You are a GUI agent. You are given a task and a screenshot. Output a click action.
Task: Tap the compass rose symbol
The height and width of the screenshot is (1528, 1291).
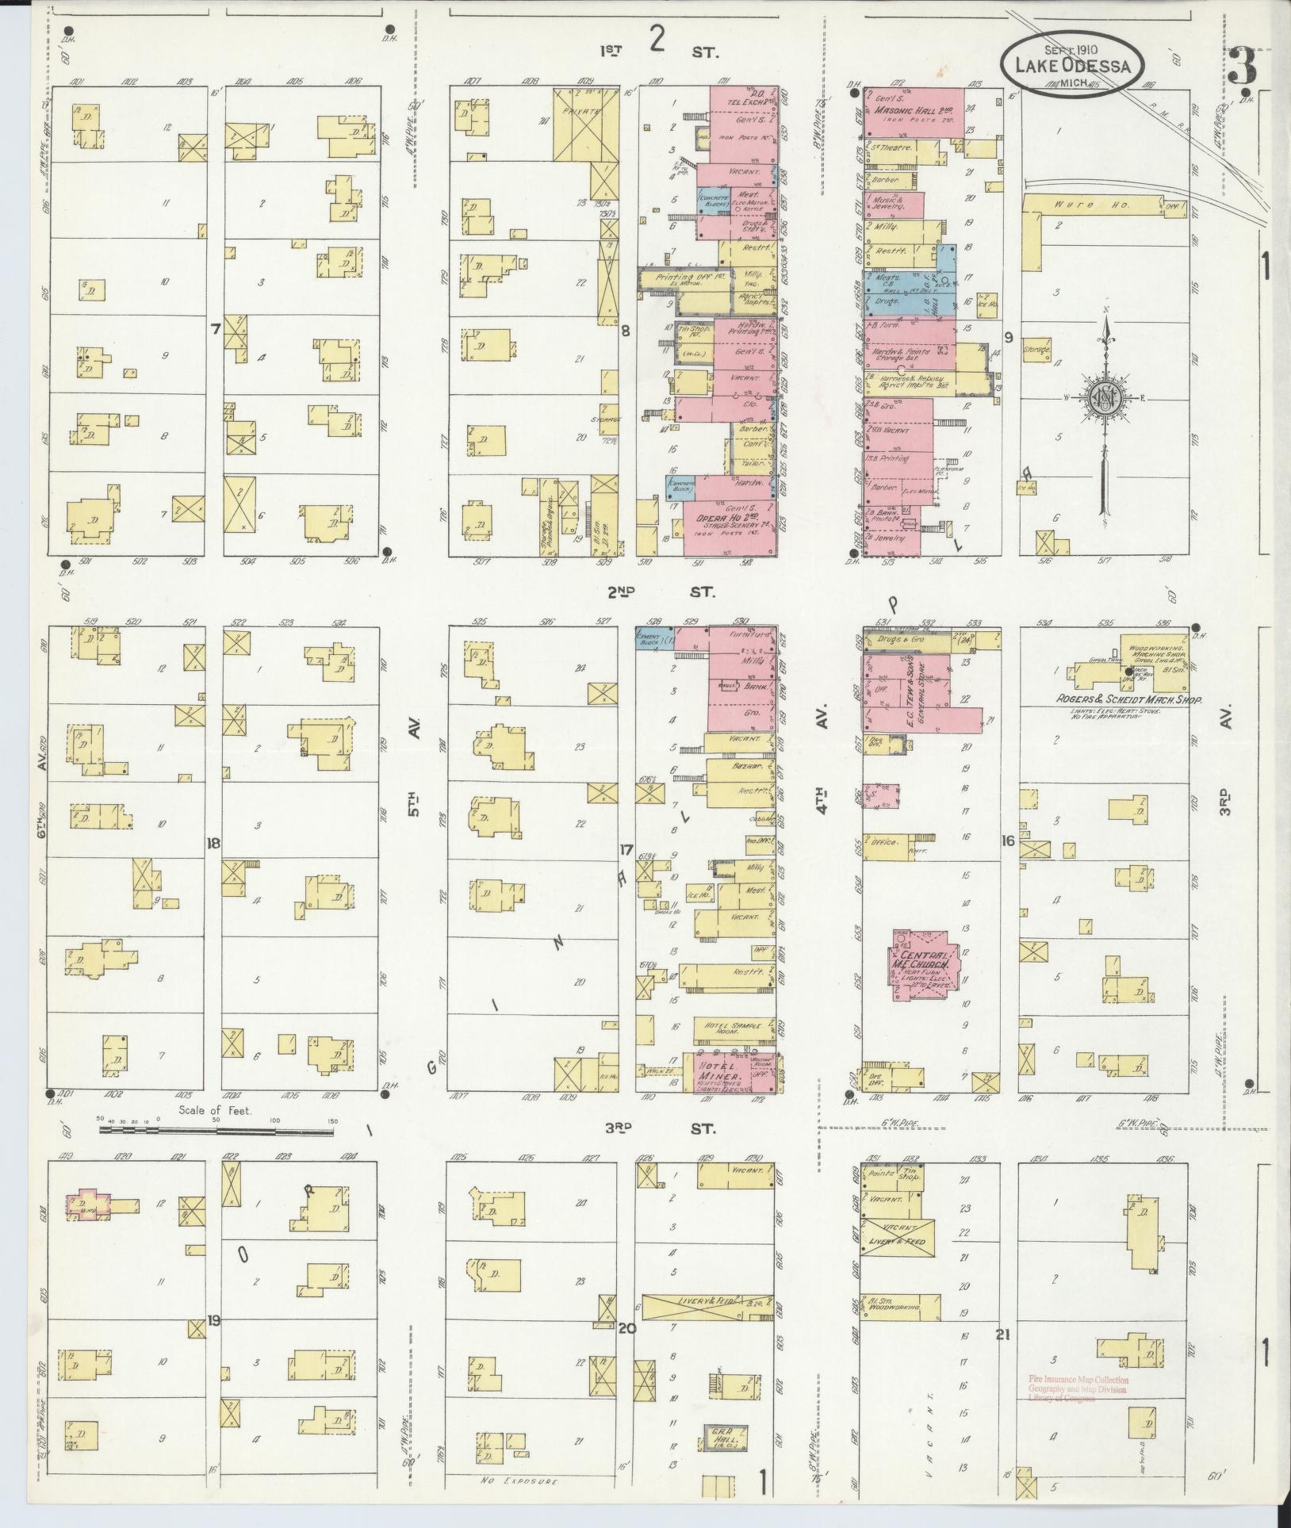click(x=1103, y=396)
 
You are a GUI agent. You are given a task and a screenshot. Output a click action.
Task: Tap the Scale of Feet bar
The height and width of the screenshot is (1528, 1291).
click(x=216, y=1130)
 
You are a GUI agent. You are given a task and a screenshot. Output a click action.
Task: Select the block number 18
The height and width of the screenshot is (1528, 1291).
click(x=213, y=842)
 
